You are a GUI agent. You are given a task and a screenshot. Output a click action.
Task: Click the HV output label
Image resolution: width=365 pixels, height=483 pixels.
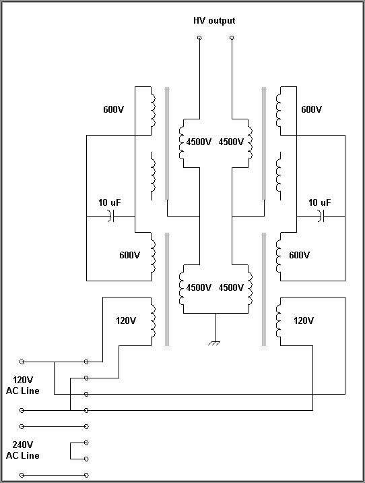click(214, 21)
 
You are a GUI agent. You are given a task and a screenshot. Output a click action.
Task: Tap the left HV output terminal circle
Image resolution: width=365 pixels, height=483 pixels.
click(199, 38)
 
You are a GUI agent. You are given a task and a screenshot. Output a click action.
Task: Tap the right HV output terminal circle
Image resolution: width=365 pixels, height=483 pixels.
click(232, 38)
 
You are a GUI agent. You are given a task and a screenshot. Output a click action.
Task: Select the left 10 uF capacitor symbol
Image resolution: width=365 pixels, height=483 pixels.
click(111, 216)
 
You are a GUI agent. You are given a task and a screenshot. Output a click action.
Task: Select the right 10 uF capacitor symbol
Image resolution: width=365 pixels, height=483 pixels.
click(321, 216)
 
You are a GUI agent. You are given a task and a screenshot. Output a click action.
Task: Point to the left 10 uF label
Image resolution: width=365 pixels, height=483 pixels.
click(110, 202)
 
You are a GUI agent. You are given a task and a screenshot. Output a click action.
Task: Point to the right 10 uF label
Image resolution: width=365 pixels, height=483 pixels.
click(320, 202)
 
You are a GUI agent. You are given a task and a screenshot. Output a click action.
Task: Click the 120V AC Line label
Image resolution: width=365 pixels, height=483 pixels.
click(23, 385)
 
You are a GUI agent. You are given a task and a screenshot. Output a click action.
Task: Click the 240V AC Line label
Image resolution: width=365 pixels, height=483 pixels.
click(23, 450)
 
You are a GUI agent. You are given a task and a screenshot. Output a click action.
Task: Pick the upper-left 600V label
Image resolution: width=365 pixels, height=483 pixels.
click(113, 109)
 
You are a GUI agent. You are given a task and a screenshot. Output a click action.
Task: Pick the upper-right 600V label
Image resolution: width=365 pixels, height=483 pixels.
click(312, 109)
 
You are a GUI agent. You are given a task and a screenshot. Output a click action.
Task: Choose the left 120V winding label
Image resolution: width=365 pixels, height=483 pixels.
click(126, 320)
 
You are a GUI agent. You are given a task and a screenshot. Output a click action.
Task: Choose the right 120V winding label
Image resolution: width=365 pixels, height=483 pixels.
click(304, 320)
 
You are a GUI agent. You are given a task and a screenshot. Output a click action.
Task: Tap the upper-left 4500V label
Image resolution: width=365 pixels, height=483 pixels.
click(199, 142)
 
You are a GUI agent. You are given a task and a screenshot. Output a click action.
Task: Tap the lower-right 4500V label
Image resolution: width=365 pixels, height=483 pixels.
click(231, 287)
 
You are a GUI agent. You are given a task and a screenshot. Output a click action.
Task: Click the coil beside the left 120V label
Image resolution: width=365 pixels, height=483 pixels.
click(153, 321)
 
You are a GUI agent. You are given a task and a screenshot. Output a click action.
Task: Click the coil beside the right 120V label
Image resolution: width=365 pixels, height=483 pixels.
click(279, 321)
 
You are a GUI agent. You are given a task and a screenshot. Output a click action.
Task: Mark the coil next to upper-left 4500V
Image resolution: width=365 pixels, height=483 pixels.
click(181, 143)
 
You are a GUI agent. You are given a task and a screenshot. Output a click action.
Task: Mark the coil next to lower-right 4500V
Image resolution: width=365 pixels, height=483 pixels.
click(251, 289)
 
